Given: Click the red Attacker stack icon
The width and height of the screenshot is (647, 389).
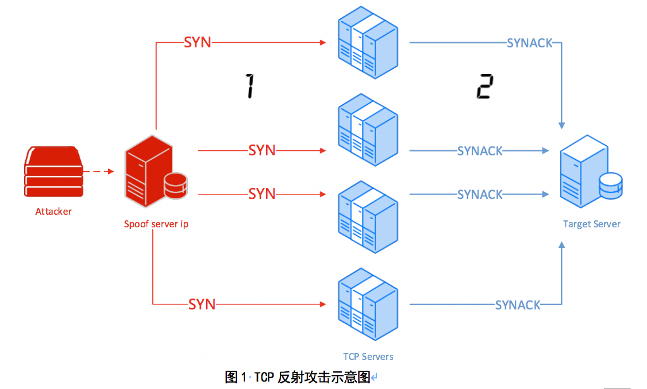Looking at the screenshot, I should pyautogui.click(x=54, y=172).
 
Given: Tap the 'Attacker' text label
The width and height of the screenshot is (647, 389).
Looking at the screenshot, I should pyautogui.click(x=54, y=212).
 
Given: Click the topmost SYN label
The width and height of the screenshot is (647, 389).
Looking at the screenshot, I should pyautogui.click(x=197, y=42).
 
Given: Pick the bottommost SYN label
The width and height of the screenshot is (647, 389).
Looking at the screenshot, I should pyautogui.click(x=202, y=304).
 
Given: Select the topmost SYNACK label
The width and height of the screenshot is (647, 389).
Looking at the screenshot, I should pyautogui.click(x=529, y=43).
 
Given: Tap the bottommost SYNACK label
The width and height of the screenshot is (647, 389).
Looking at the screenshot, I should pyautogui.click(x=517, y=305).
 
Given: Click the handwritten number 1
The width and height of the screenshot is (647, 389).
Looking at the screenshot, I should pyautogui.click(x=250, y=85).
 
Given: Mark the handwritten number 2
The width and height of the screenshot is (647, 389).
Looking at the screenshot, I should pyautogui.click(x=483, y=87).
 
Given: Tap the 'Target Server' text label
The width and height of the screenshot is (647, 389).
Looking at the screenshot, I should pyautogui.click(x=591, y=224).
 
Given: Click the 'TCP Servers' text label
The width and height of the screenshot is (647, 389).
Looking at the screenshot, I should pyautogui.click(x=368, y=357).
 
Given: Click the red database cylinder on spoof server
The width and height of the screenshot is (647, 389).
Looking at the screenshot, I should pyautogui.click(x=175, y=185).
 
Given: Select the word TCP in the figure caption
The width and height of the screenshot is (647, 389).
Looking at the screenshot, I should pyautogui.click(x=264, y=378).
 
